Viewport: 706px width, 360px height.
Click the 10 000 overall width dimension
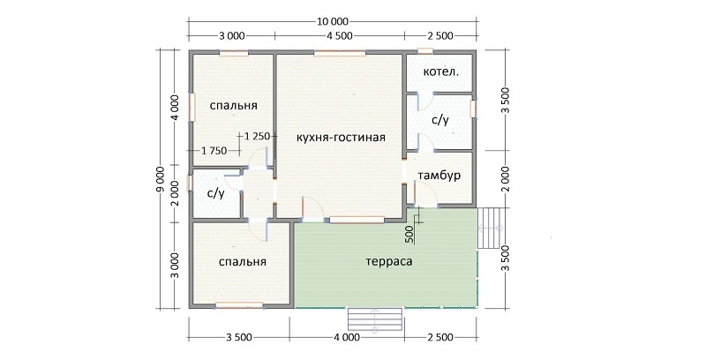(x=334, y=21)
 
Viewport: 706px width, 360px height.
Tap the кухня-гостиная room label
(x=341, y=138)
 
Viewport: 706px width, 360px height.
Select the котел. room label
(x=441, y=71)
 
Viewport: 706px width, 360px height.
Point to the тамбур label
(x=439, y=176)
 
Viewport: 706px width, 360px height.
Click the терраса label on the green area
(x=389, y=261)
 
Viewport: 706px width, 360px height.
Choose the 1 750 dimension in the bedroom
(x=214, y=151)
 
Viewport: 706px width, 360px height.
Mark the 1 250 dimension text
(x=257, y=136)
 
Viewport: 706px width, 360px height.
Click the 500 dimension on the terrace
(x=409, y=235)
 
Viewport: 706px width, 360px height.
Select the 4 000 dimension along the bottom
(x=346, y=337)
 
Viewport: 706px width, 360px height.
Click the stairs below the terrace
(x=375, y=320)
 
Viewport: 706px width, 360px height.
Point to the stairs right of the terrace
(x=489, y=228)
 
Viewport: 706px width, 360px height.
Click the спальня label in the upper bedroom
(x=234, y=106)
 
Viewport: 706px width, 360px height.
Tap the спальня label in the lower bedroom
(x=242, y=262)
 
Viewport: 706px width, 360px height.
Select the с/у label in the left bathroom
(x=215, y=193)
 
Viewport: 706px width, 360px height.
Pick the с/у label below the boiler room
(x=439, y=120)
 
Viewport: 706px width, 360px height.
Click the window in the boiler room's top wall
(x=425, y=51)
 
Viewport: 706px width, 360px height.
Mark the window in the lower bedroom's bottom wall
(x=239, y=305)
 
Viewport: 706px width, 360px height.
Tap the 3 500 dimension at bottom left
(x=238, y=337)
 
